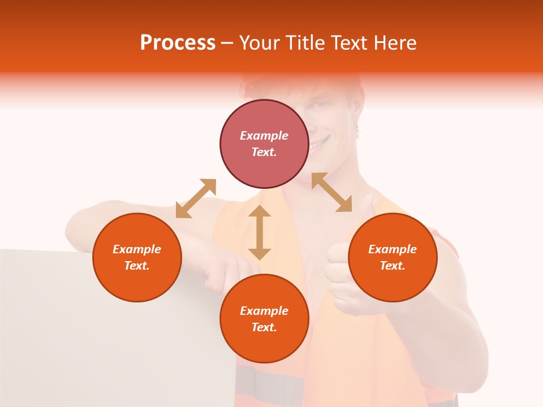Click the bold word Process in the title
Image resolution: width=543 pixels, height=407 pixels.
(178, 43)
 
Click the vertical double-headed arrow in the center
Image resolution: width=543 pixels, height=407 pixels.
(260, 232)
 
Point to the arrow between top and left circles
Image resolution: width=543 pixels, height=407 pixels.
(196, 198)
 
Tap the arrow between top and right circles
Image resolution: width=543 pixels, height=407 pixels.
(331, 192)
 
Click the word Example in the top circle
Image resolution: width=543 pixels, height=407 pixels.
(264, 136)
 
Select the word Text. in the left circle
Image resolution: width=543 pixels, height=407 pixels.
(137, 266)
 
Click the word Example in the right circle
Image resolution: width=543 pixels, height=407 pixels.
(393, 249)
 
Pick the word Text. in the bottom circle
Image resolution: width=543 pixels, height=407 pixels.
(264, 327)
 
